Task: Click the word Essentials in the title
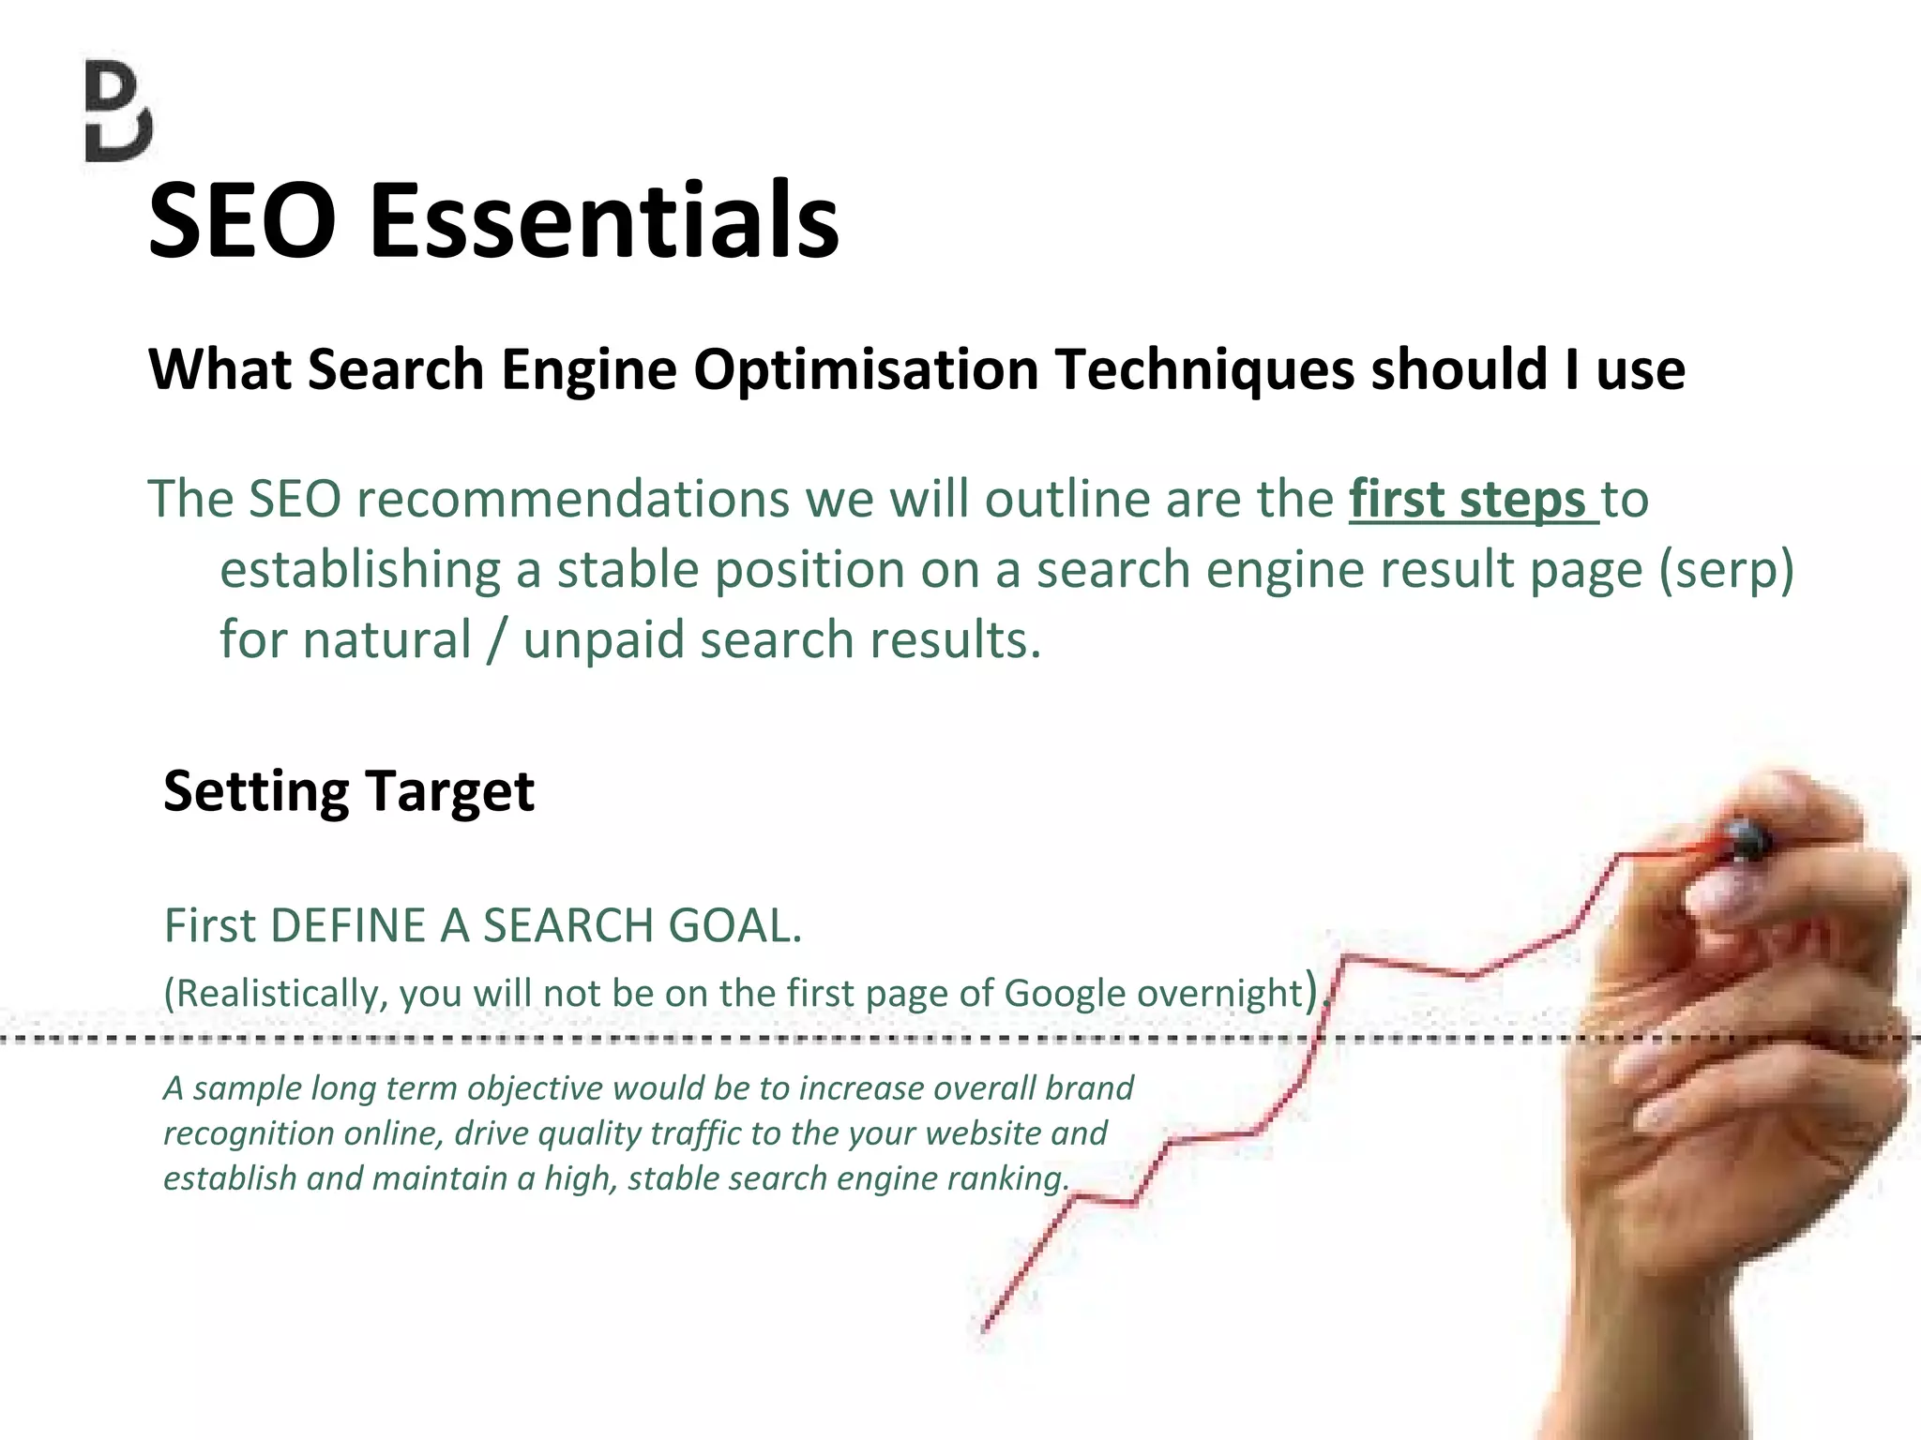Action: [604, 221]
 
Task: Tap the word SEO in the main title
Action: [242, 221]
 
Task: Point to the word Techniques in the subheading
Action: [1204, 370]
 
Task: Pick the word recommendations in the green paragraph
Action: [573, 500]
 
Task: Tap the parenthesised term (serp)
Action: [1726, 570]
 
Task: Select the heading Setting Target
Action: [348, 791]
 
